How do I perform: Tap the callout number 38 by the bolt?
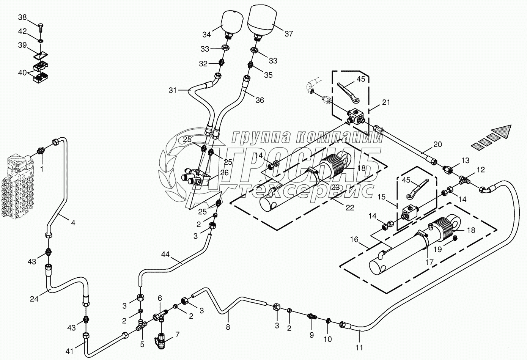tap(23, 17)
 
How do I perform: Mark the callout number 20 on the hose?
tap(437, 145)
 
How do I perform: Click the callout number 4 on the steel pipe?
tap(73, 223)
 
